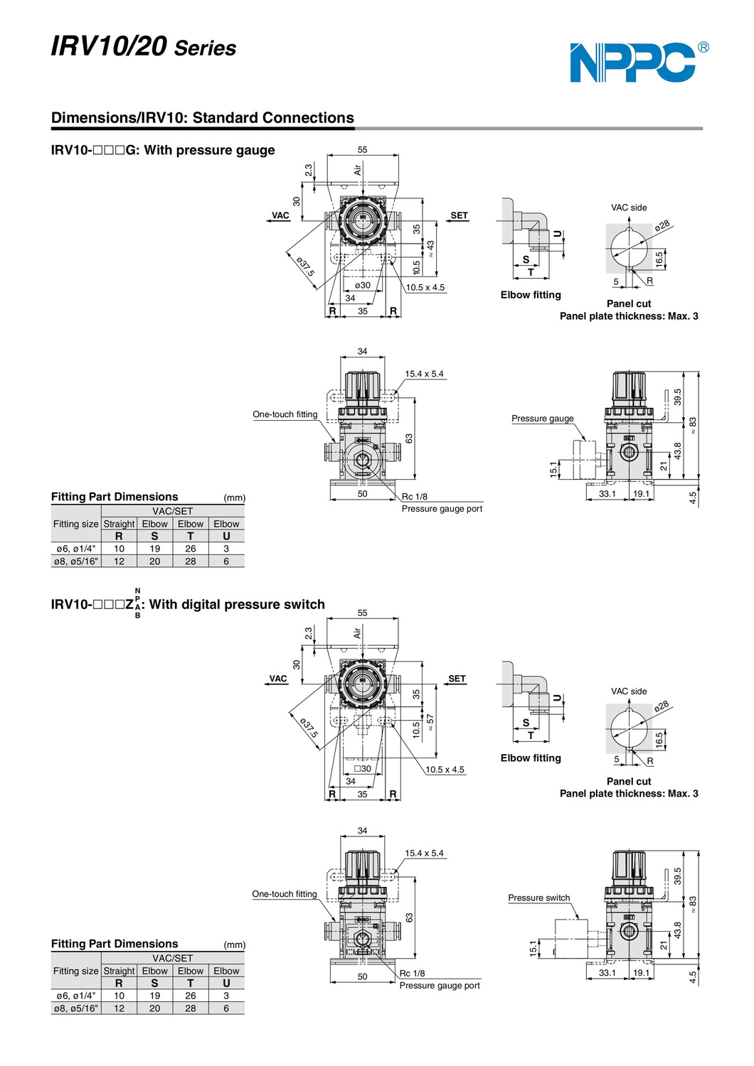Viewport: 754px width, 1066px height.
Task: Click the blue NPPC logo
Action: point(633,63)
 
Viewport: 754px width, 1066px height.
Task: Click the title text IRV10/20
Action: point(109,46)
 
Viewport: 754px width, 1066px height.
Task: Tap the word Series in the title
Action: point(206,48)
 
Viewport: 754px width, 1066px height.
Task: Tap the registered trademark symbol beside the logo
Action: point(703,48)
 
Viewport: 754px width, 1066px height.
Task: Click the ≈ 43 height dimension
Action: point(430,248)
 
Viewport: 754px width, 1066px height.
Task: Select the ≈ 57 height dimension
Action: point(430,726)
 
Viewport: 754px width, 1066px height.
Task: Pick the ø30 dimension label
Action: point(363,285)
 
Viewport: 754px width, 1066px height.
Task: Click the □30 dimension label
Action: point(363,768)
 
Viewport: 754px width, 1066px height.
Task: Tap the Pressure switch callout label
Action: point(538,898)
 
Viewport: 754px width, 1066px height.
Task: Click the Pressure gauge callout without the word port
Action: point(542,419)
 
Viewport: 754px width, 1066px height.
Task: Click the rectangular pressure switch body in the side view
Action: point(571,937)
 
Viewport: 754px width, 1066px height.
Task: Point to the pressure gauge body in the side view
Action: point(584,458)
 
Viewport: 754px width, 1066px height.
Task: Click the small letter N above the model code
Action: point(137,591)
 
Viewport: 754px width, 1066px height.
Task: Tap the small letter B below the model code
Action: point(137,615)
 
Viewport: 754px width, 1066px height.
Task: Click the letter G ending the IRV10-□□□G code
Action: point(131,150)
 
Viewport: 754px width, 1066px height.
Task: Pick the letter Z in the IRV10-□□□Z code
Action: point(129,605)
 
